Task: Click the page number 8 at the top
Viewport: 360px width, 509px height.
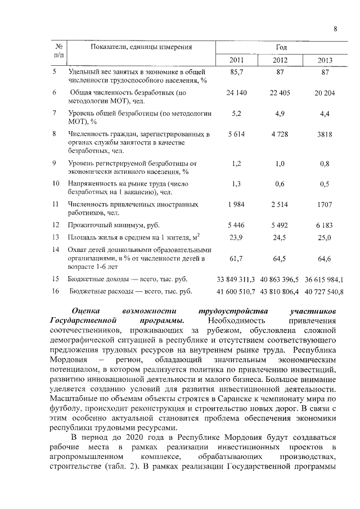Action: pyautogui.click(x=335, y=29)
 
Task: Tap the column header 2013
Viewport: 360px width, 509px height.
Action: pyautogui.click(x=325, y=61)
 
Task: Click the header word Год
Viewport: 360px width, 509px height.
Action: pyautogui.click(x=281, y=47)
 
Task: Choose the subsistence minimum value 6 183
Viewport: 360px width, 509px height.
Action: pyautogui.click(x=324, y=225)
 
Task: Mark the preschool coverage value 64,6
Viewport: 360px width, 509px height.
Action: pyautogui.click(x=324, y=258)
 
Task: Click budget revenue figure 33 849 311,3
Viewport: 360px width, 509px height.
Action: pyautogui.click(x=236, y=279)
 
